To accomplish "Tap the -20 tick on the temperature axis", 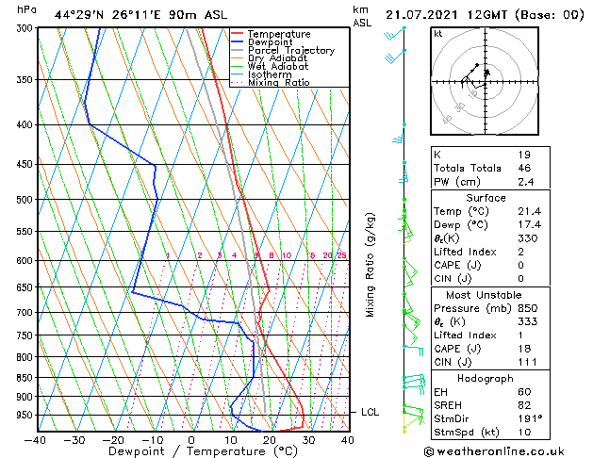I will click(112, 439).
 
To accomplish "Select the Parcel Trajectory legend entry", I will click(290, 51).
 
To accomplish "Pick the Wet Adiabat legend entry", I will click(277, 67).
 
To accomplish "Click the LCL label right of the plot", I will click(371, 412).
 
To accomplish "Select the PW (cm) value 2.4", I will click(524, 182).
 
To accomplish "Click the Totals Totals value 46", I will click(524, 168).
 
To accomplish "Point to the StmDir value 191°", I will click(529, 418).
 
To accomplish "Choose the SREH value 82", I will click(524, 404).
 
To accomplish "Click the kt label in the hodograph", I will click(437, 34).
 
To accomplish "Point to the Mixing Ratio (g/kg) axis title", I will click(371, 264).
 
